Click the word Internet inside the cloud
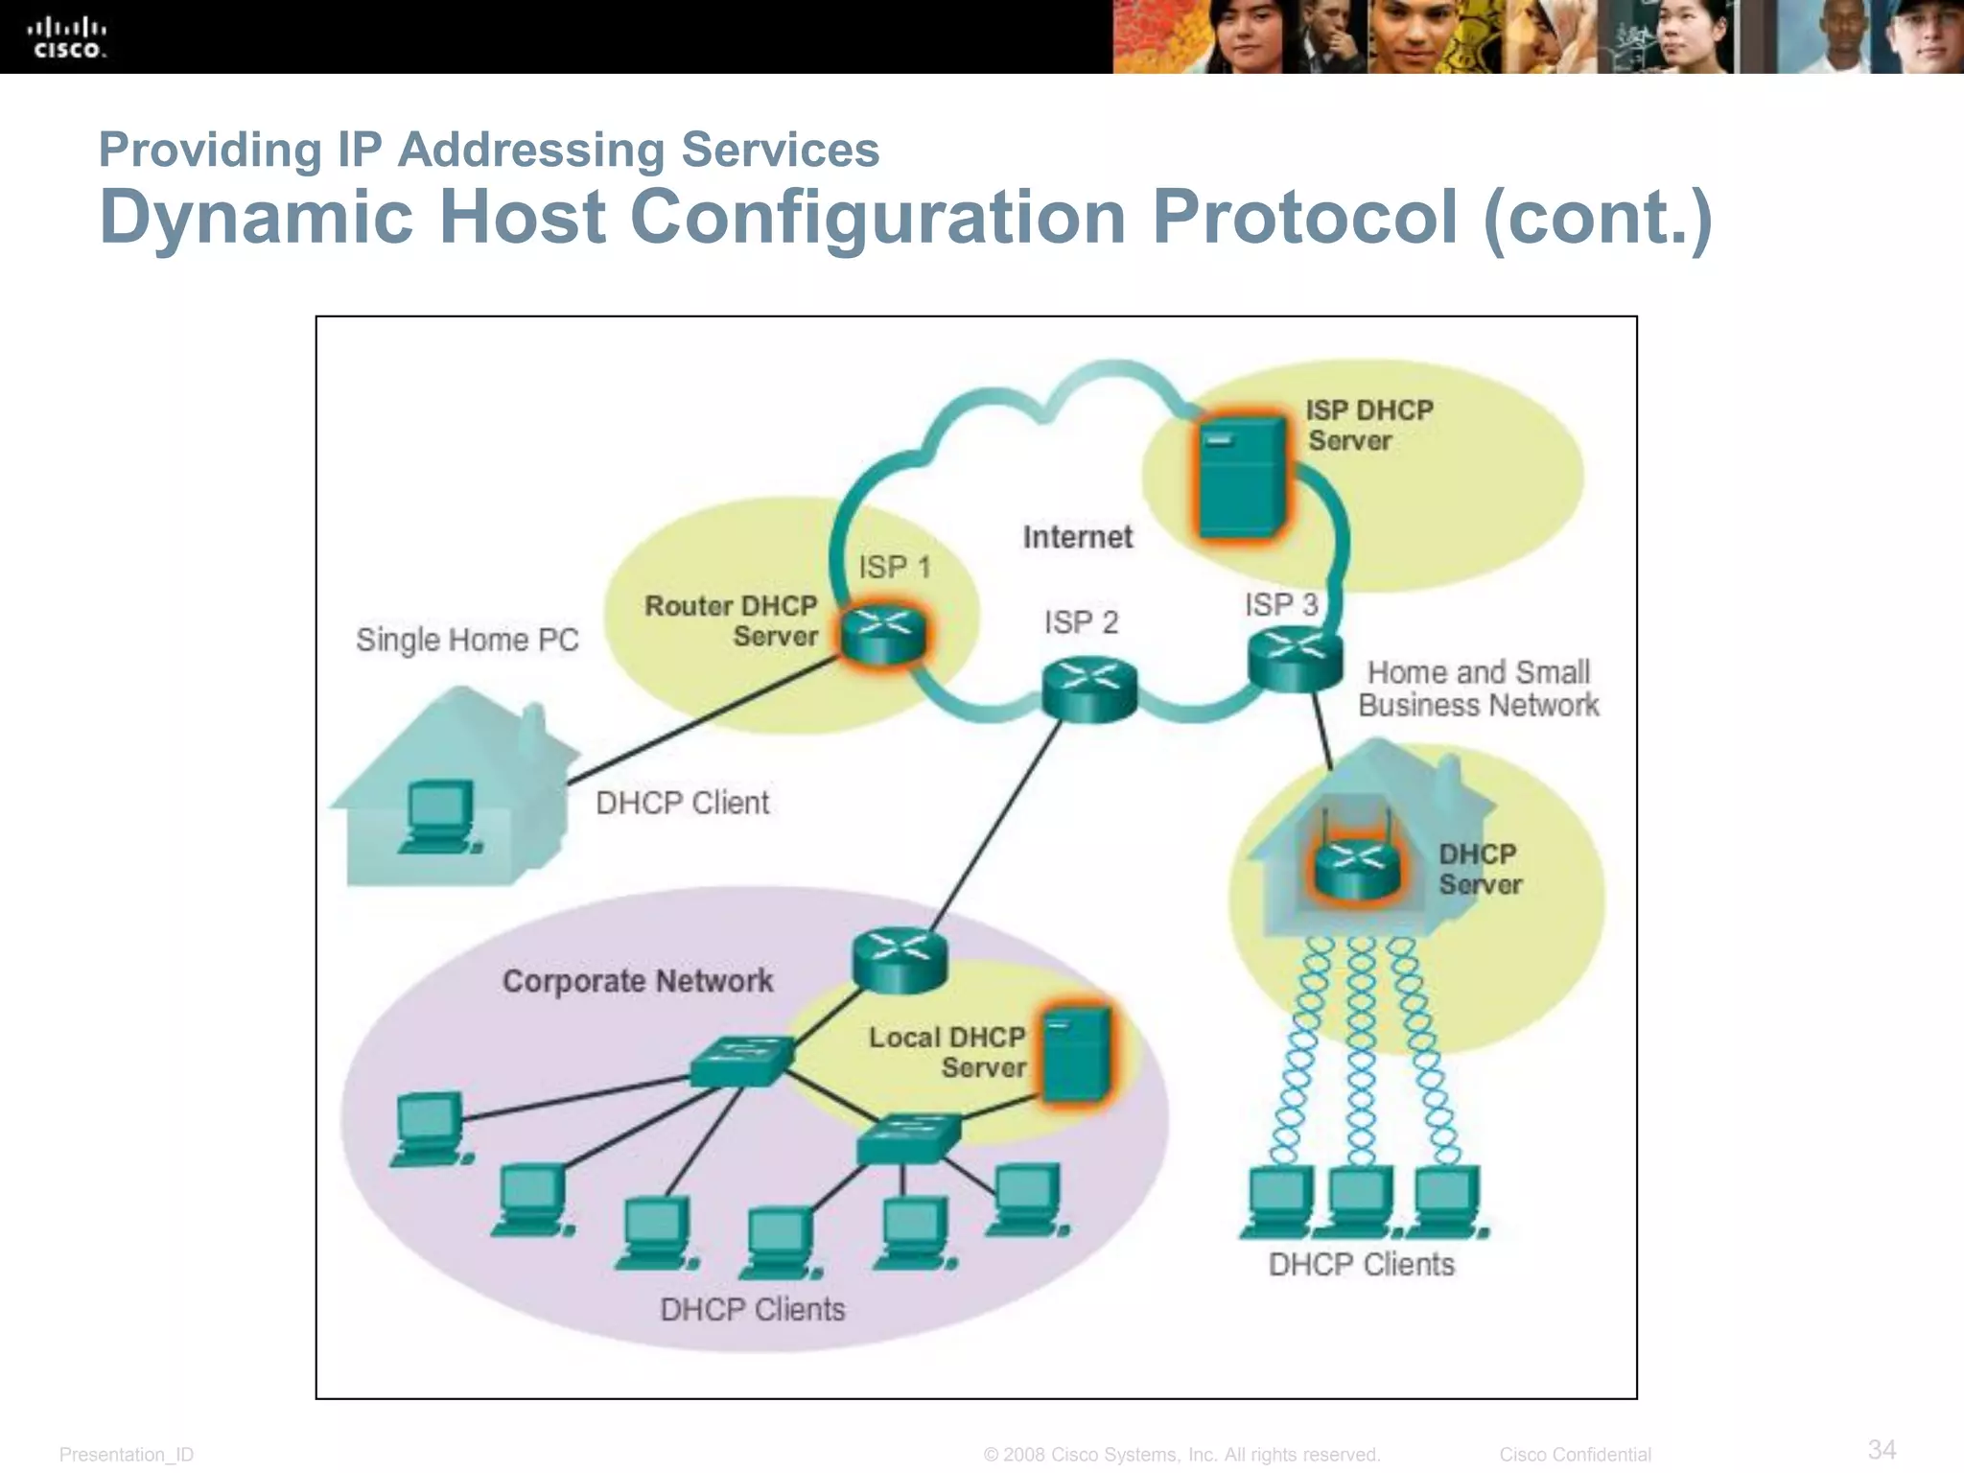click(1077, 537)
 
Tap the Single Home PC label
click(467, 640)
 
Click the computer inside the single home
click(439, 816)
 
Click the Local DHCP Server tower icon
click(1076, 1055)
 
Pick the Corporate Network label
click(638, 981)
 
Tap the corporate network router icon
click(900, 960)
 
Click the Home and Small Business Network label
click(1478, 689)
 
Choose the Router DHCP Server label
click(732, 620)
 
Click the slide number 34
click(1882, 1449)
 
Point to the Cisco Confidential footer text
click(1575, 1455)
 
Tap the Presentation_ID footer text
click(127, 1455)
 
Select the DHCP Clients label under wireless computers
click(1361, 1265)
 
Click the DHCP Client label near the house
click(682, 803)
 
